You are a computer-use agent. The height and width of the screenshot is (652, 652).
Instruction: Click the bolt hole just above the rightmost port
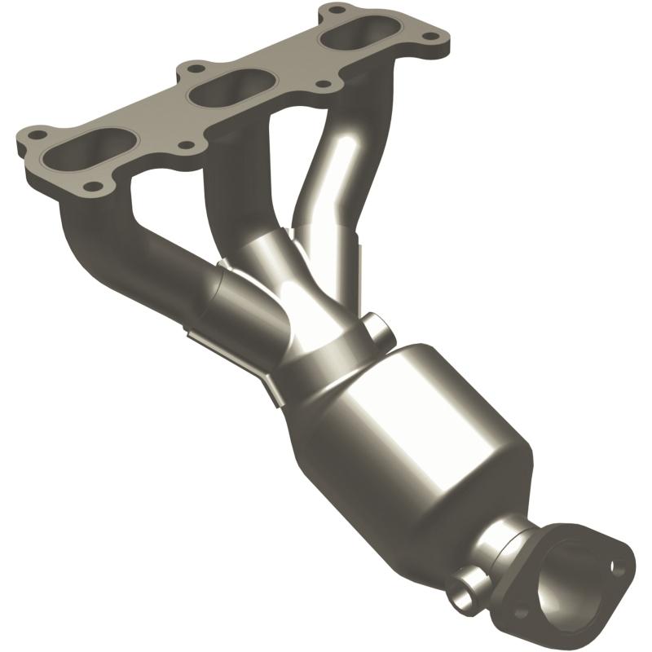click(333, 11)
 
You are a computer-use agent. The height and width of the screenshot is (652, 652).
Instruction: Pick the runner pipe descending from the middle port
click(236, 204)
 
